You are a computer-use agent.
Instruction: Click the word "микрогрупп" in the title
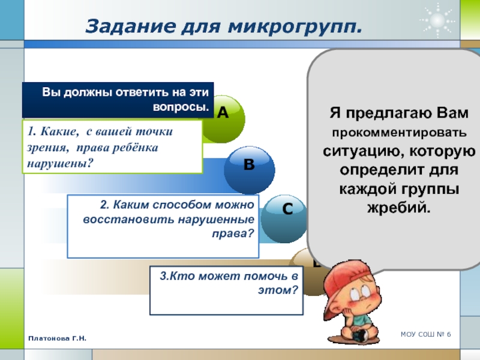(x=295, y=27)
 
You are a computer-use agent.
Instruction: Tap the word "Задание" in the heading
(x=130, y=26)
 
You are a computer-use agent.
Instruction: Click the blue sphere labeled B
(x=249, y=170)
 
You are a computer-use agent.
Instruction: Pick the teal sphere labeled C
(x=284, y=219)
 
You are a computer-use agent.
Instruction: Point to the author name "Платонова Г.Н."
(x=57, y=338)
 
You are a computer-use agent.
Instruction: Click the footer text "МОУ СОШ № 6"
(x=426, y=334)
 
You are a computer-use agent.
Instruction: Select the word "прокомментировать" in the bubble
(x=399, y=133)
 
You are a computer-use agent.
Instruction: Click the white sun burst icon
(x=437, y=20)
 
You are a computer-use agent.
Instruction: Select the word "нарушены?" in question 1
(x=60, y=163)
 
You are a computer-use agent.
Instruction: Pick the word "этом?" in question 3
(x=278, y=289)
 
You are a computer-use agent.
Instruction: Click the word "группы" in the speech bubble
(x=430, y=190)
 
